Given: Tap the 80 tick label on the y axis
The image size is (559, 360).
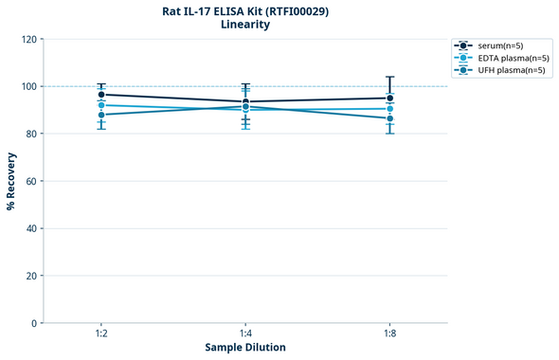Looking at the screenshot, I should click(x=30, y=135).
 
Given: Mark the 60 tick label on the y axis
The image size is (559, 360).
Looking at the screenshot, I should click(x=30, y=182).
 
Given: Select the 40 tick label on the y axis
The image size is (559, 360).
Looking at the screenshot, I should click(x=30, y=229).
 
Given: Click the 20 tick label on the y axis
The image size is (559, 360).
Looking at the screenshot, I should click(x=30, y=277).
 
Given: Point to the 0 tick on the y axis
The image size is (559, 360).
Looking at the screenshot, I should click(x=33, y=324).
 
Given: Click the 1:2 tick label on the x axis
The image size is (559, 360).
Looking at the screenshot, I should click(x=100, y=334).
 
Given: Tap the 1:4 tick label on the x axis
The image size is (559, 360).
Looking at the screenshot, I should click(x=245, y=334).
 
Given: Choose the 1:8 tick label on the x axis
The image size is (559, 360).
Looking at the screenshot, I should click(x=389, y=334).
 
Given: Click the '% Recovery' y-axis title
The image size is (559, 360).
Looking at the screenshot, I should click(x=11, y=181).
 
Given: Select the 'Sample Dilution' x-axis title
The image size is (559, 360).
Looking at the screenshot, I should click(x=245, y=348).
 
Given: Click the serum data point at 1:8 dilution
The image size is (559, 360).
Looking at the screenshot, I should click(x=389, y=98).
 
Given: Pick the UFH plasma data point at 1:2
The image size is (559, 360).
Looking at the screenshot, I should click(x=100, y=115).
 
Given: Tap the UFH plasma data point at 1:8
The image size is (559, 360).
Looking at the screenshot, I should click(x=389, y=118).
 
